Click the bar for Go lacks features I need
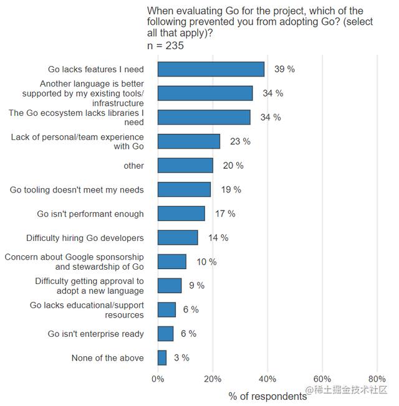(x=211, y=69)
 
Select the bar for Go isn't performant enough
(x=181, y=214)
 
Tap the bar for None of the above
(x=162, y=358)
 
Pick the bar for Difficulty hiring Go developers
(x=178, y=238)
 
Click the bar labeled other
(x=185, y=166)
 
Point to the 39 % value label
(x=285, y=69)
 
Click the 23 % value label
(x=240, y=141)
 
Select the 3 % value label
(x=181, y=358)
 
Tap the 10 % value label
(x=206, y=262)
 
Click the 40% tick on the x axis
(x=267, y=379)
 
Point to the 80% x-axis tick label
(x=377, y=379)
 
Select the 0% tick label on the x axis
(x=158, y=379)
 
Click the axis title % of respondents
(x=267, y=395)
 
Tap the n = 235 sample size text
(x=165, y=45)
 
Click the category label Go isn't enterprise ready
(x=95, y=334)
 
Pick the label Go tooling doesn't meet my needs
(x=77, y=189)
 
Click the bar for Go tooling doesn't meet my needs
(x=184, y=189)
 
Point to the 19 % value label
(x=231, y=189)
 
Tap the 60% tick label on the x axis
(x=322, y=379)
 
